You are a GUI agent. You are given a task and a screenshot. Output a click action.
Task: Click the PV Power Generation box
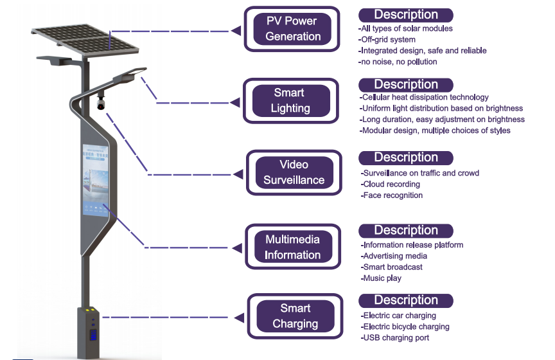click(x=293, y=29)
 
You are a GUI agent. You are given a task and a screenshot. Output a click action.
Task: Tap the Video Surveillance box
click(x=294, y=172)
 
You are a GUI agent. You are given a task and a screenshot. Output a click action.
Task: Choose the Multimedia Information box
click(x=293, y=247)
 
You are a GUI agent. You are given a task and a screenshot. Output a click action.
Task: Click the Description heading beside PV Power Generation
click(x=405, y=15)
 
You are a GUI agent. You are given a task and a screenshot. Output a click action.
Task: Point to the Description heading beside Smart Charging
click(x=405, y=300)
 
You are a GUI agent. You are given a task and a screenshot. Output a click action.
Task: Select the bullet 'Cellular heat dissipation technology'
click(x=424, y=97)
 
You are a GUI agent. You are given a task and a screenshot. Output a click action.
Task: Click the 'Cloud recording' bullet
click(x=391, y=184)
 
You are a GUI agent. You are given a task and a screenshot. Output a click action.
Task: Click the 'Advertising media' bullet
click(x=394, y=256)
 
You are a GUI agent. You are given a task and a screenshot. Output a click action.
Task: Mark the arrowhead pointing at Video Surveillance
click(x=239, y=174)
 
